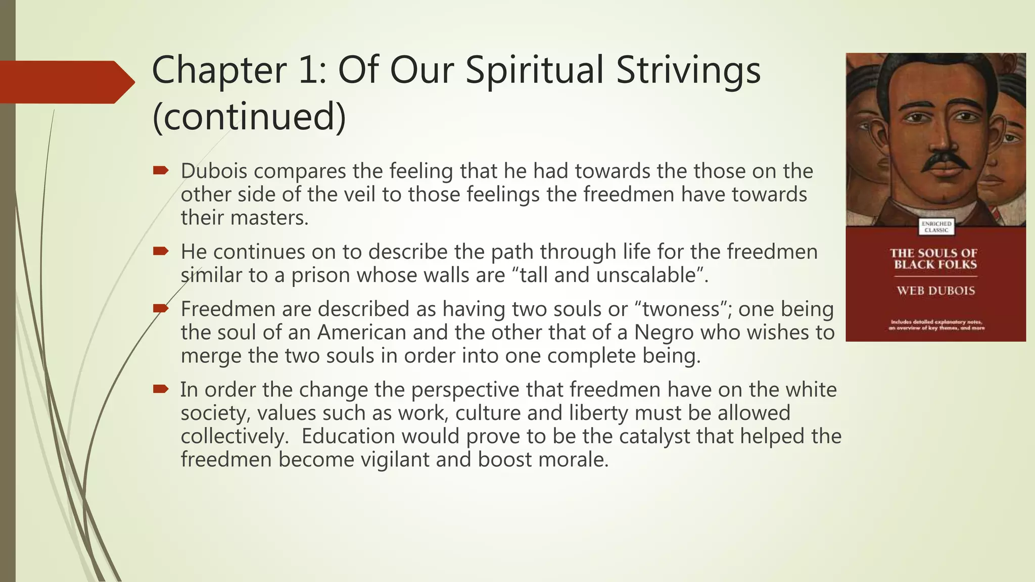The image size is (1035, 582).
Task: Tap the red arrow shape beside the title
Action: pos(66,82)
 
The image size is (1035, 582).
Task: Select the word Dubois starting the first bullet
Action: pos(214,171)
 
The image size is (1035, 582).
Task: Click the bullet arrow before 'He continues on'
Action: pos(160,251)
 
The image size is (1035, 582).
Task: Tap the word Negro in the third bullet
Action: pos(664,332)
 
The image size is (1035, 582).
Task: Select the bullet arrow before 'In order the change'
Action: pos(160,389)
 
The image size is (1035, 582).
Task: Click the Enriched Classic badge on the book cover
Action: pos(936,227)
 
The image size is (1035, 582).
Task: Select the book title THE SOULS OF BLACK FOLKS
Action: pos(935,259)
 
